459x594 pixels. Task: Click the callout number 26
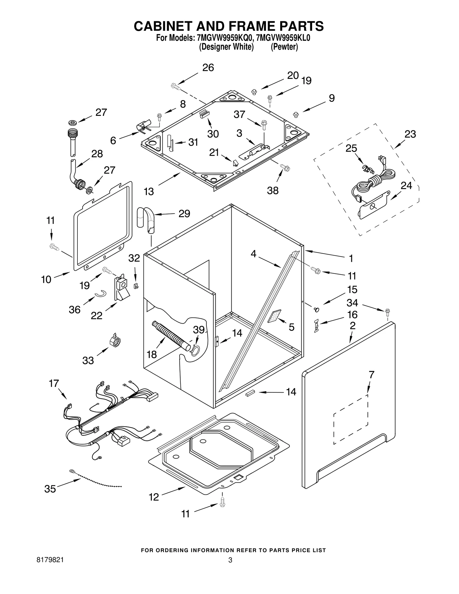(x=208, y=68)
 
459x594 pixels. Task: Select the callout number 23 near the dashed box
(x=410, y=134)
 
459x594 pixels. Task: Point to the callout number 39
(x=199, y=330)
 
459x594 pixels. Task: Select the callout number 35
(x=50, y=489)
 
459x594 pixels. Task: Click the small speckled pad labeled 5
(x=275, y=316)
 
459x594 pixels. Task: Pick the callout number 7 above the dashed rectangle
(x=372, y=375)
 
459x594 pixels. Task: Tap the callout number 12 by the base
(x=154, y=497)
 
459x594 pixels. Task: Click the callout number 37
(x=239, y=114)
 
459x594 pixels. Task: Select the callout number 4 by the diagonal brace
(x=253, y=254)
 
